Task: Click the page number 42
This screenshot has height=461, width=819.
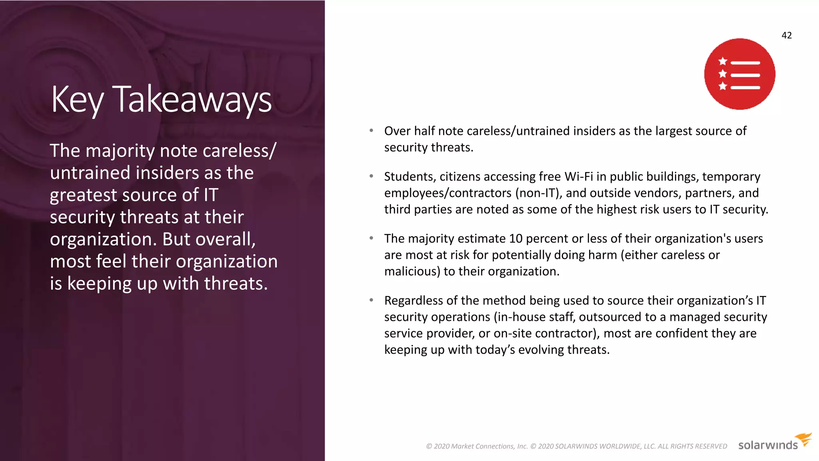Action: (786, 35)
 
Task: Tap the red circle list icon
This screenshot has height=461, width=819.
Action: (739, 74)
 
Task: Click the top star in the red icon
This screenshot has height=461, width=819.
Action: (723, 61)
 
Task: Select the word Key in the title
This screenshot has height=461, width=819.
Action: (78, 99)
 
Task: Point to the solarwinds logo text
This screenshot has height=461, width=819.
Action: (767, 445)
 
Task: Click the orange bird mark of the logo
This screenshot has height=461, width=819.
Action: (803, 439)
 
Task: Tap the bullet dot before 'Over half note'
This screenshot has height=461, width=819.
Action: (372, 130)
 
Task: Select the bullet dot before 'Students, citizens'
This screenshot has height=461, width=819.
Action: (372, 176)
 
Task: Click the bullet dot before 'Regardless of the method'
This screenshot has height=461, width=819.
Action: (372, 300)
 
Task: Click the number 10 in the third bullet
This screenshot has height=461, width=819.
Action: (515, 239)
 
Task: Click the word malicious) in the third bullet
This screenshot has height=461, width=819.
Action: (412, 271)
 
